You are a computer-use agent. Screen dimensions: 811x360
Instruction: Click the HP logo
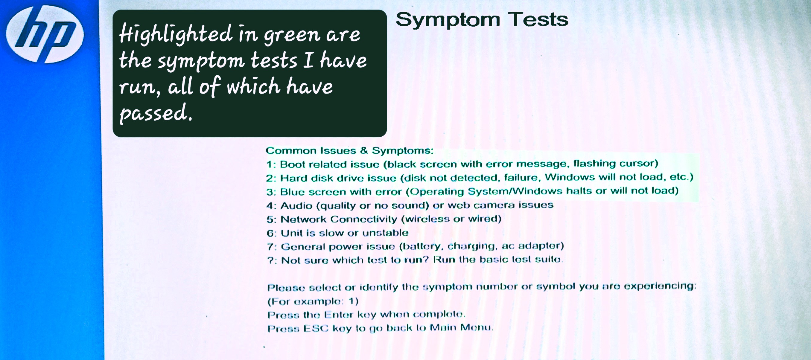45,34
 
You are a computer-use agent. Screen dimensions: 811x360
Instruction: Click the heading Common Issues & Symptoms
349,150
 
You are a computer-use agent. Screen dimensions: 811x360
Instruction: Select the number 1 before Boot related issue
270,164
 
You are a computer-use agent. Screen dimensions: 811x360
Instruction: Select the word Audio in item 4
296,205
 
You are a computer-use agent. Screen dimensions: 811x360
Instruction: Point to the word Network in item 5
303,219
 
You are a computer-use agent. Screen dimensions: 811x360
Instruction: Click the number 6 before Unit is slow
270,233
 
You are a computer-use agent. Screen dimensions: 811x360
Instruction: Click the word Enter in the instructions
338,314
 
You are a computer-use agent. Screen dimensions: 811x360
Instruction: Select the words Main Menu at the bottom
461,327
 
